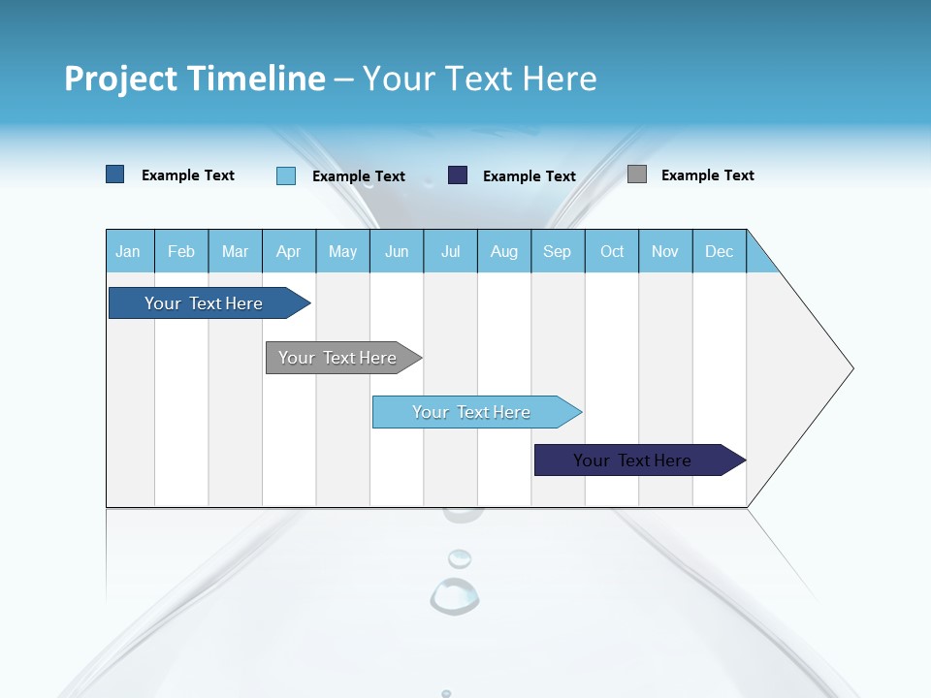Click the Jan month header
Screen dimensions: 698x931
[128, 251]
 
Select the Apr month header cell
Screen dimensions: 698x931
[288, 251]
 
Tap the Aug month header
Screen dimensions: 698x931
[503, 251]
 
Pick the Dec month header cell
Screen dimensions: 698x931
[719, 251]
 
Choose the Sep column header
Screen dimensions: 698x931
[557, 251]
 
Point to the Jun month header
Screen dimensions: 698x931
[396, 251]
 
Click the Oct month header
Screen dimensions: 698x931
[611, 251]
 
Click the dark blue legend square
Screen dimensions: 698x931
[115, 174]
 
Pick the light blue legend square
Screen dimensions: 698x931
[286, 175]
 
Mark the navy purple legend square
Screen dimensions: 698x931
[458, 174]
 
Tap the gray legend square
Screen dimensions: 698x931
[637, 174]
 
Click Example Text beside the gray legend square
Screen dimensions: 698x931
[707, 175]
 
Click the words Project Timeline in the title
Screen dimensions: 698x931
[195, 79]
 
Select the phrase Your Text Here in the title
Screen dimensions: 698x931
[479, 79]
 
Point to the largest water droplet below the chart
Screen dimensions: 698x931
[454, 595]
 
